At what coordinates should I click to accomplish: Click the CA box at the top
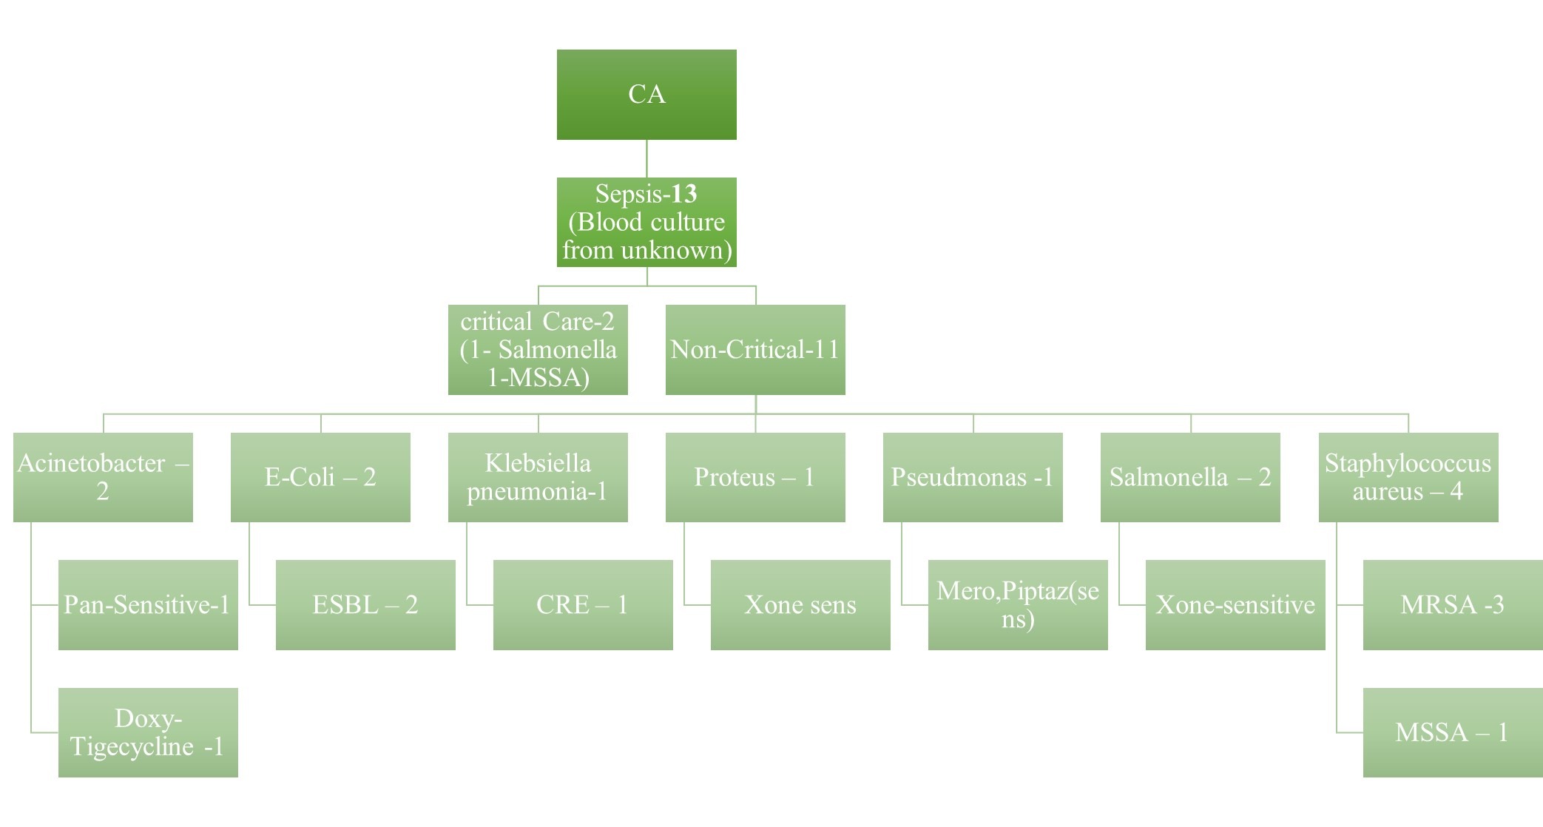pos(646,95)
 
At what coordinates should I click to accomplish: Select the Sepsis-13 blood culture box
pos(646,222)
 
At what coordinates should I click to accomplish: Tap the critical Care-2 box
pos(538,350)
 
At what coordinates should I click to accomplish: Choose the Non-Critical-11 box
pos(755,350)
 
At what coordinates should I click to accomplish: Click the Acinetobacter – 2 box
pos(103,477)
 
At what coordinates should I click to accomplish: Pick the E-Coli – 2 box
pos(320,477)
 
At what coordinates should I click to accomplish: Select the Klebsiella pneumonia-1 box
pos(538,477)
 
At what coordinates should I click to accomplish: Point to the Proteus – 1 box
pos(755,477)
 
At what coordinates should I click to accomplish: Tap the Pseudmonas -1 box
pos(973,477)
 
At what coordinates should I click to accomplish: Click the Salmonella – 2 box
pos(1190,477)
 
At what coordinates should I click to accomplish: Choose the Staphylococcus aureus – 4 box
pos(1408,477)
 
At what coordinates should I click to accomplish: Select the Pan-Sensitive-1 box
pos(148,605)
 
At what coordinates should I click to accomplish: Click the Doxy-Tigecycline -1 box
pos(148,732)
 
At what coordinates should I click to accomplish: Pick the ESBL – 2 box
pos(365,605)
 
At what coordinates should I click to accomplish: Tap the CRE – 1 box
pos(583,605)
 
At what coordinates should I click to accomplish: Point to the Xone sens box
pos(800,605)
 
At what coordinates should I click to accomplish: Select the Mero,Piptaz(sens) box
pos(1018,605)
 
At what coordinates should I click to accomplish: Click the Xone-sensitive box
pos(1235,605)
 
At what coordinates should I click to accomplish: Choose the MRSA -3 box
pos(1453,605)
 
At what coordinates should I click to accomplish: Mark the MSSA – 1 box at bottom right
pos(1453,732)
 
